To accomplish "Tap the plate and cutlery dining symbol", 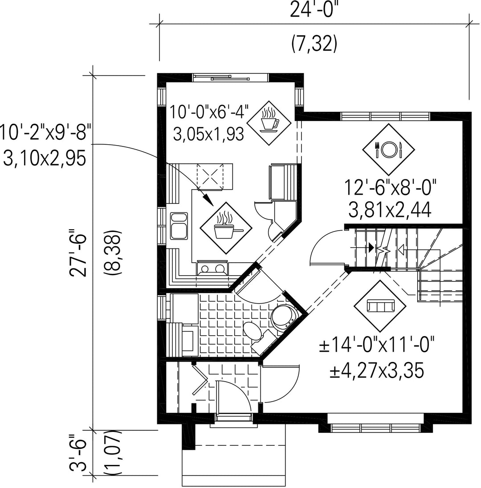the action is [x=388, y=150].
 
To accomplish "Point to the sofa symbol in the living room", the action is [x=380, y=306].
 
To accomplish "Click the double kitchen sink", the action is [x=179, y=226].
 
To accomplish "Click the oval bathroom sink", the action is [x=253, y=331].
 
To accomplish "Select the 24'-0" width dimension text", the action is [x=314, y=11].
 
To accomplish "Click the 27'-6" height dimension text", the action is [x=77, y=253].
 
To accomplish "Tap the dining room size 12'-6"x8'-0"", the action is [x=390, y=187].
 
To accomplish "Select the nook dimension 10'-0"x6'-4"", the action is [x=209, y=112].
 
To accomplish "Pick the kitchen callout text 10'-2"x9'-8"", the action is [x=45, y=133].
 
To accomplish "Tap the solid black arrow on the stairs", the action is [x=371, y=248].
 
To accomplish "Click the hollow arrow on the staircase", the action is [x=401, y=249].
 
